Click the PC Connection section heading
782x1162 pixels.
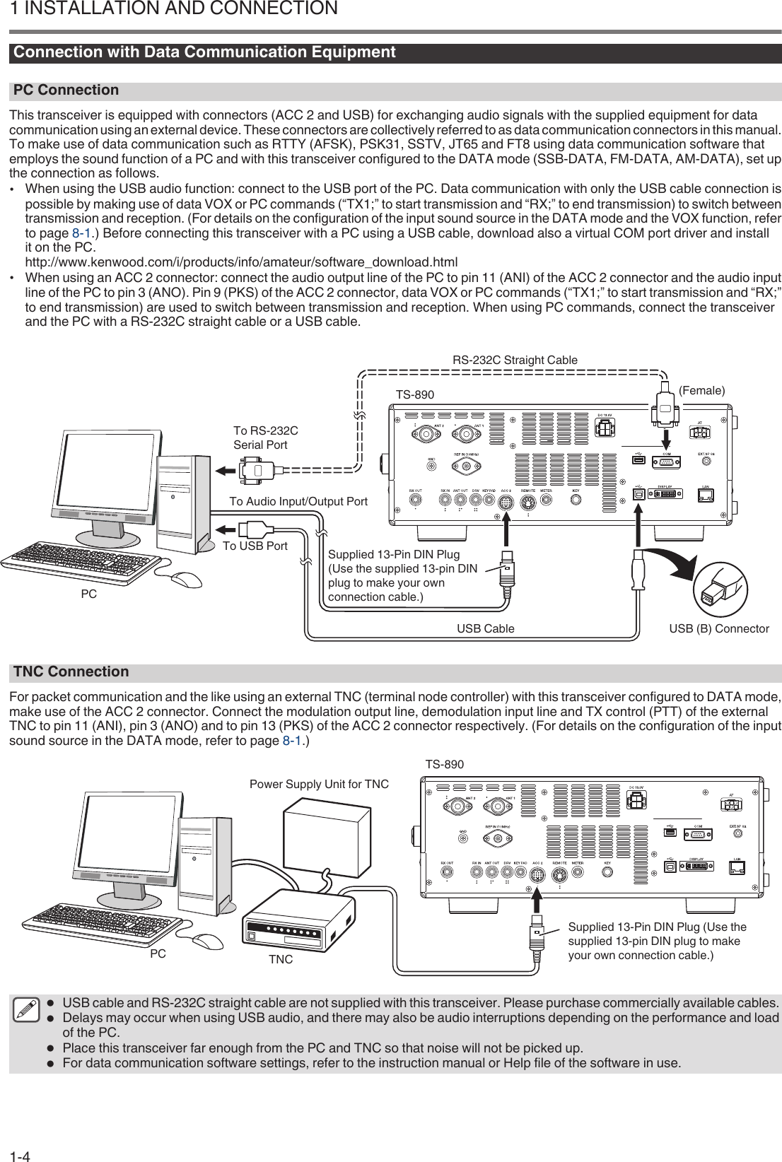coord(66,90)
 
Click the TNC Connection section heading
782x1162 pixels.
coord(71,671)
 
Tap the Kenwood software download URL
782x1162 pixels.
coord(241,263)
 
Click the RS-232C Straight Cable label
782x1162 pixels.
coord(515,360)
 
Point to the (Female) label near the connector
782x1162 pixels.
coord(701,390)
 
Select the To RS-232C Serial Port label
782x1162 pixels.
coord(265,438)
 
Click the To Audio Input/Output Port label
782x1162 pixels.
coord(298,501)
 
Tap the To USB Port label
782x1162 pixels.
coord(255,546)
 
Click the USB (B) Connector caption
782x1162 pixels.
coord(719,628)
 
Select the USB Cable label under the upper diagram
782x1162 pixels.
coord(485,628)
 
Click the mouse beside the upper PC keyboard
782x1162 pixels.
coord(185,579)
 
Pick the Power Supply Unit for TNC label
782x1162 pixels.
coord(319,784)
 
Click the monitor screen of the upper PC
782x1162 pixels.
coord(101,478)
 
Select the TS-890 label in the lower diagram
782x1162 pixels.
coord(444,764)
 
